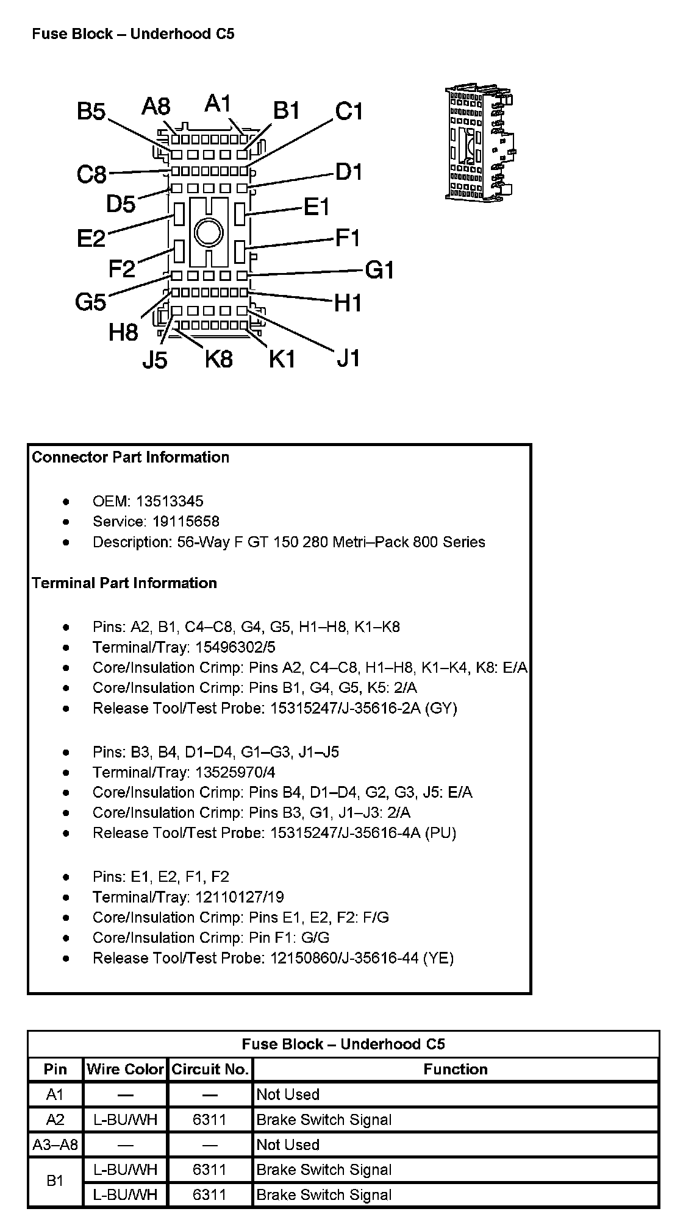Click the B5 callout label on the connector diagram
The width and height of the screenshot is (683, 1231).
pos(91,112)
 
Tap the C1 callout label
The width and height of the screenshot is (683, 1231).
pos(349,112)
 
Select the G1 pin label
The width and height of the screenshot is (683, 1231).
pos(379,269)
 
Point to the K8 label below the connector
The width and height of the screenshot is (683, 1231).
pos(218,359)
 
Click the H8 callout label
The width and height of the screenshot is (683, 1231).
pos(124,333)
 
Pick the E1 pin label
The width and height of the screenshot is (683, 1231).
pos(316,208)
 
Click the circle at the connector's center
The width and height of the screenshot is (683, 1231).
pos(209,233)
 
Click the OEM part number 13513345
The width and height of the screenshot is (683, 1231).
pos(170,502)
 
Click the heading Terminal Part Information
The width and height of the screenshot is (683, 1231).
pos(124,583)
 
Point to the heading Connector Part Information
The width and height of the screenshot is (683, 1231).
pos(131,458)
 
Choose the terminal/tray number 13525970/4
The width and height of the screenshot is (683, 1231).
pos(235,773)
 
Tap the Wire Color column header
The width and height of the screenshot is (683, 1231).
pos(125,1070)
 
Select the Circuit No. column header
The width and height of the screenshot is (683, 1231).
pos(210,1070)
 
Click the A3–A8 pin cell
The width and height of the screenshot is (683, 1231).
pos(55,1145)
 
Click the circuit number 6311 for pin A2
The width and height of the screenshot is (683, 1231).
pos(210,1119)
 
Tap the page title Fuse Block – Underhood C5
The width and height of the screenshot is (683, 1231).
pos(133,34)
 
